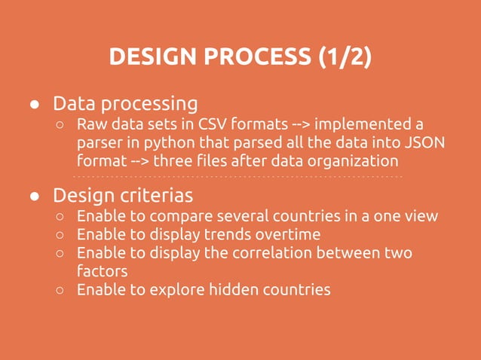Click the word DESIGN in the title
click(x=149, y=56)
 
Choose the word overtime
click(x=288, y=234)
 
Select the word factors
click(x=102, y=270)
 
